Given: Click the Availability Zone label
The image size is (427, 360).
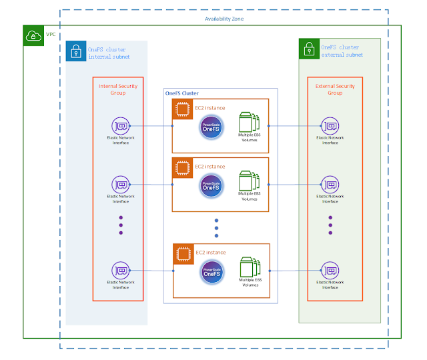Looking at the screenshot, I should [224, 19].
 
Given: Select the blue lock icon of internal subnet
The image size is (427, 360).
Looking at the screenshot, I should [76, 51].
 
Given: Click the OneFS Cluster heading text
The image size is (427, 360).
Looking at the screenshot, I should [182, 94].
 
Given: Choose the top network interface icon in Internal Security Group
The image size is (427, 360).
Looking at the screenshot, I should [121, 125].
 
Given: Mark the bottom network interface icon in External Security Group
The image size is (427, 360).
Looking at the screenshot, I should [330, 271].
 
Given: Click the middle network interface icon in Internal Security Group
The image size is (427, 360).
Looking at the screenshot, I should [121, 184].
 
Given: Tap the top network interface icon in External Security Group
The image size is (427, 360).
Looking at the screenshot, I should [330, 125].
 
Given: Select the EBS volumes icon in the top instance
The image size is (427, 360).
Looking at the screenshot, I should [249, 125].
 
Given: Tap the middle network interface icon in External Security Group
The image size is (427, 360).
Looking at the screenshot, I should [330, 184].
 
